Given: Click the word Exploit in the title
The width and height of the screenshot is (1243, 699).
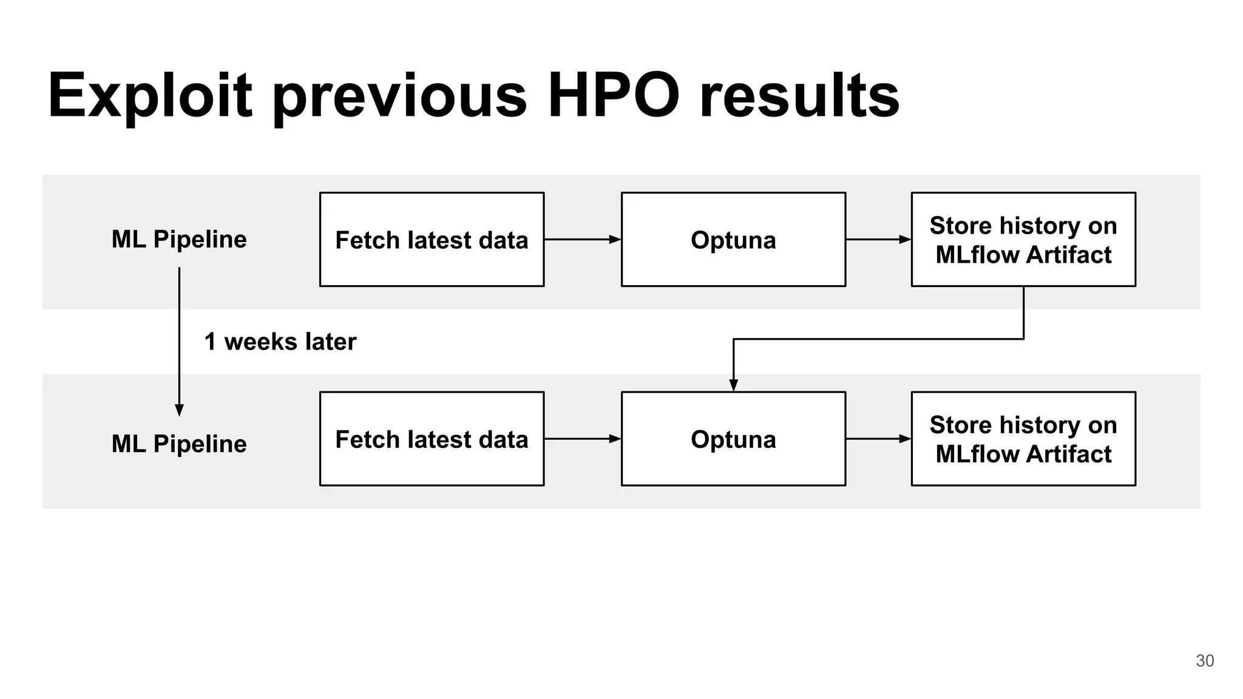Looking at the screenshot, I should pos(149,96).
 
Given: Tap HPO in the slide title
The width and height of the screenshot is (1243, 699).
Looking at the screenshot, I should pos(614,96).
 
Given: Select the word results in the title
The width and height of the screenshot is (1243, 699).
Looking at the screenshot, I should pos(799,96).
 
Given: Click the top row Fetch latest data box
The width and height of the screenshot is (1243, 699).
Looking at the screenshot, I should pos(432,240).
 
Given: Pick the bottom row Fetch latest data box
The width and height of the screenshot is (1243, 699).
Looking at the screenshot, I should pos(432,439).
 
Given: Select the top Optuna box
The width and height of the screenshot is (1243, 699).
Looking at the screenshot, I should pos(733,240).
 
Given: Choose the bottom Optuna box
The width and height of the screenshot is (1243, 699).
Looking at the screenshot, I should pos(733,439).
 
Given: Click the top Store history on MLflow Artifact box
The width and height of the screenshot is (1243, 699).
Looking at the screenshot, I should pos(1023,240).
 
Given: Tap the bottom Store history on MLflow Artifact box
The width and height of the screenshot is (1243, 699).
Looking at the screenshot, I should pos(1023,439).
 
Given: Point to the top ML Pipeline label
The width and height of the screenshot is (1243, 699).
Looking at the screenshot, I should pos(179,239).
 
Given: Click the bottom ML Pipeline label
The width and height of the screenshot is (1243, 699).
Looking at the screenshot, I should pos(179,444).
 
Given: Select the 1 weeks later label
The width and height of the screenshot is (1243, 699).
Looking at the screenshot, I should pos(280,342).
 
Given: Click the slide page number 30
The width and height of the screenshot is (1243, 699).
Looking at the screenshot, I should pos(1205,661).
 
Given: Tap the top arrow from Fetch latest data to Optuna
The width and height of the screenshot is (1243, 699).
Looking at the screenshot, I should pos(583,240).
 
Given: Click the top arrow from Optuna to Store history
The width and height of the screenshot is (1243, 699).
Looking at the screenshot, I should pos(878,240).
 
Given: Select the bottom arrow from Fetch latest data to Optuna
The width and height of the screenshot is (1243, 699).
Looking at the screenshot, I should pos(583,439).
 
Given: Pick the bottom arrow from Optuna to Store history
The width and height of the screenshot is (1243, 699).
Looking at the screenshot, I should pos(878,439).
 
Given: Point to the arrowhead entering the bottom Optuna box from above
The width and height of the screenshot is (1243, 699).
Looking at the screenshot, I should pos(733,385).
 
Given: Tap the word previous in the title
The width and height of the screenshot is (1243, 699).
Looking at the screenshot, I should pos(400,96).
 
